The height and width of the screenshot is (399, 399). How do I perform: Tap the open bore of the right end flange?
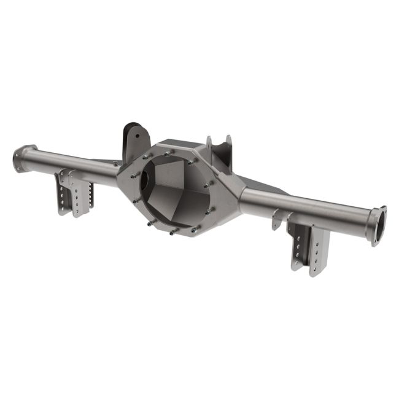point(379,225)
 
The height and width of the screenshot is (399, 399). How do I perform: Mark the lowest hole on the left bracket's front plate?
point(63,206)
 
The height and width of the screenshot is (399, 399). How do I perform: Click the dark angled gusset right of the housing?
point(258,184)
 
